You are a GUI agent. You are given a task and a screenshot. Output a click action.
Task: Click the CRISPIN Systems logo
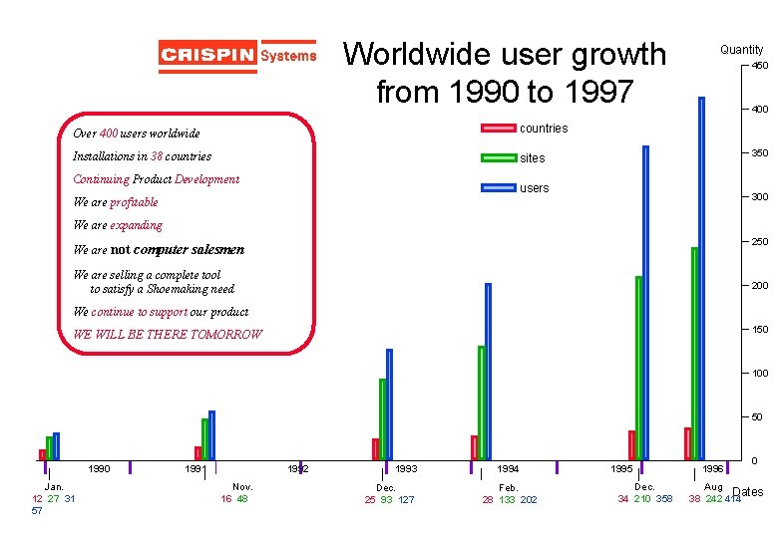tap(237, 56)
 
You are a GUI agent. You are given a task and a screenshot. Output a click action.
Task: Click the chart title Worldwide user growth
tap(505, 72)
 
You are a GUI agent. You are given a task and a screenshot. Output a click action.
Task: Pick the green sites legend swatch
tap(499, 157)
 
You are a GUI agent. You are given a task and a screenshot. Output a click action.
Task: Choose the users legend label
tap(535, 188)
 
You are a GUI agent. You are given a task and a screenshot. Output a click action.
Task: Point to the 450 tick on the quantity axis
tap(759, 66)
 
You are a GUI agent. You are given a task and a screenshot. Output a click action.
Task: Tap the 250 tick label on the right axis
tap(759, 242)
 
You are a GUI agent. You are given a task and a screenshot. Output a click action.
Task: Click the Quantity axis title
tap(741, 49)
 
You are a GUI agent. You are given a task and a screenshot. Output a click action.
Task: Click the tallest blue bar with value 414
tap(702, 279)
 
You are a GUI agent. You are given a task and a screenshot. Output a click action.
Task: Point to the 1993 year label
tap(406, 468)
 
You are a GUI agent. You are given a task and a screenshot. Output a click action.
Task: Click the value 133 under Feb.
tap(507, 500)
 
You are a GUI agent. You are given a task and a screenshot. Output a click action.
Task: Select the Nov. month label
tap(242, 487)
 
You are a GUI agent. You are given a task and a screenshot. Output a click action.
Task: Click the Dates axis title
tap(748, 492)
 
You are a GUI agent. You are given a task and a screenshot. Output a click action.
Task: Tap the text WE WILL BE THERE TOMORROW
tap(168, 335)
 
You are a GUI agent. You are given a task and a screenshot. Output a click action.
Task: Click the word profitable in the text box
tap(134, 202)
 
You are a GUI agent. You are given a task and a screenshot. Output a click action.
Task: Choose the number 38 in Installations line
tap(158, 156)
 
